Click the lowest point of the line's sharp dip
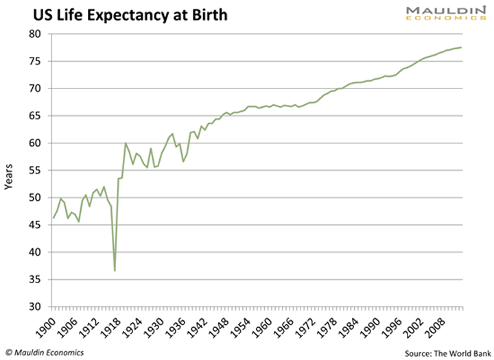coord(115,271)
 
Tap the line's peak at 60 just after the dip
coord(126,143)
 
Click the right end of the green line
coord(461,47)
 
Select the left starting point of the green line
coord(53,218)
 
